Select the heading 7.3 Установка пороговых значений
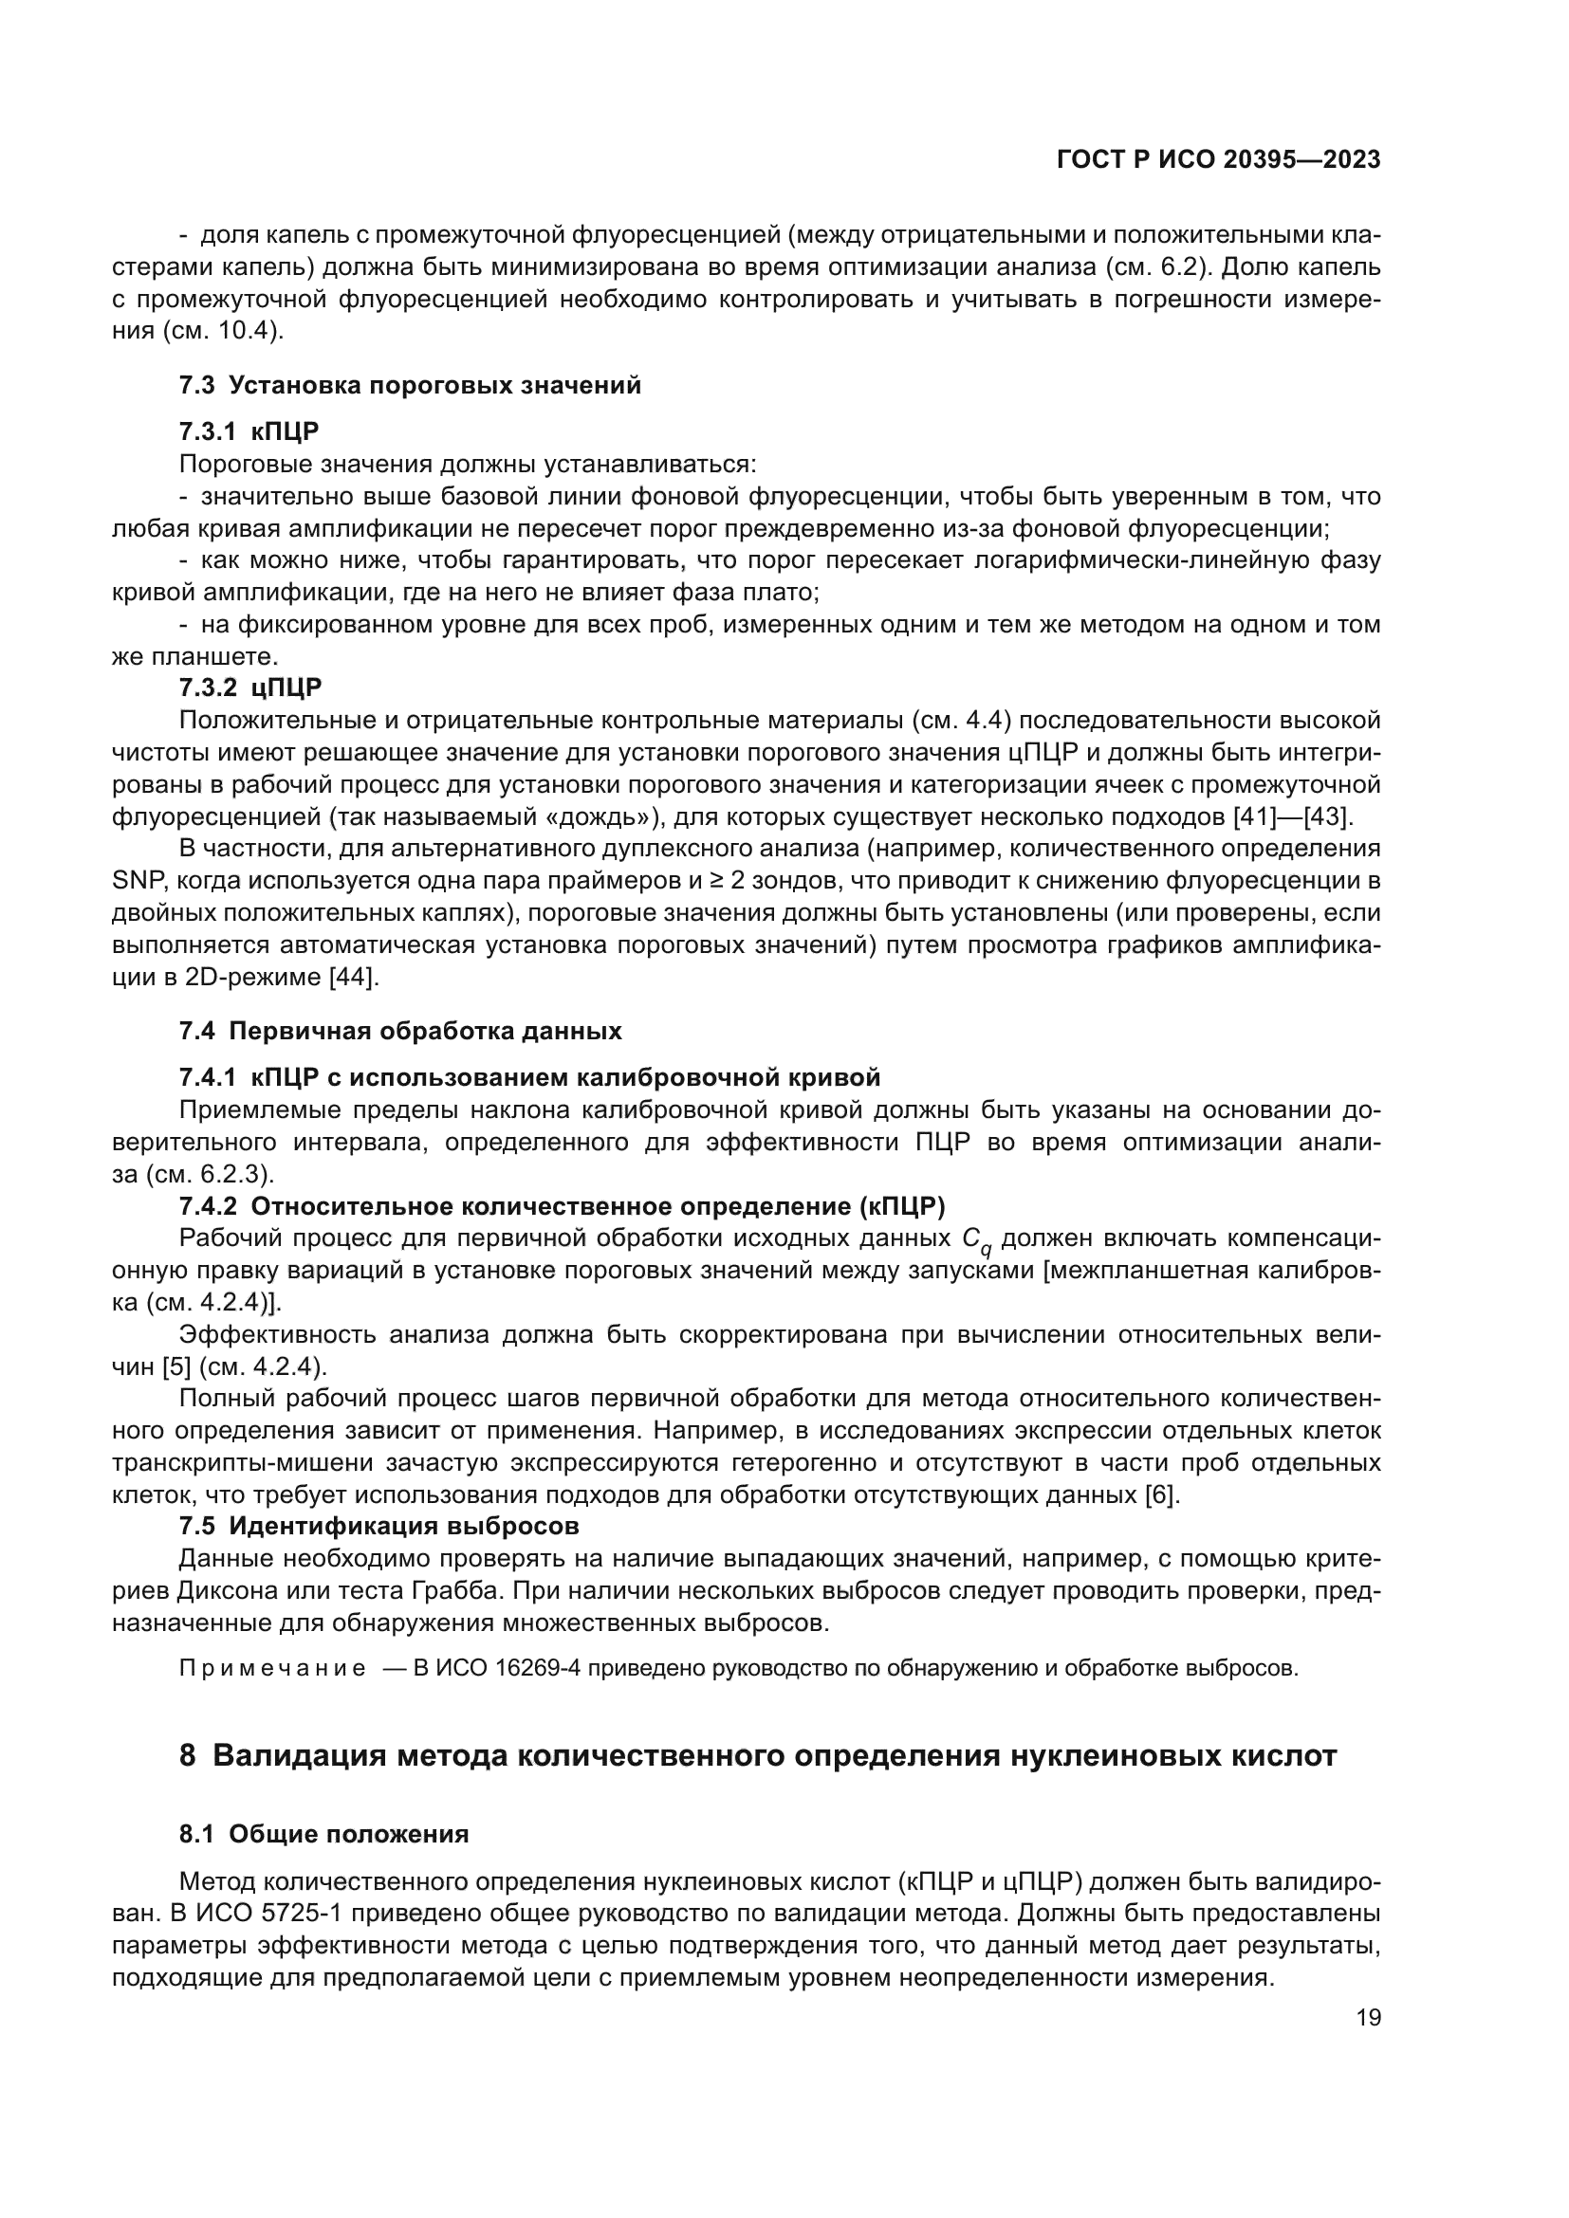[410, 385]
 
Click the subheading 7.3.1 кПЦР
[249, 431]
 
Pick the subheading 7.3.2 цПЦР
[250, 687]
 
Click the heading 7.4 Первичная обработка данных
[400, 1031]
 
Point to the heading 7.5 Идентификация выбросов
[378, 1527]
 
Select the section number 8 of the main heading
[188, 1755]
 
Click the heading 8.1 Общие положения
[323, 1835]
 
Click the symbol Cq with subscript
[976, 1240]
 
